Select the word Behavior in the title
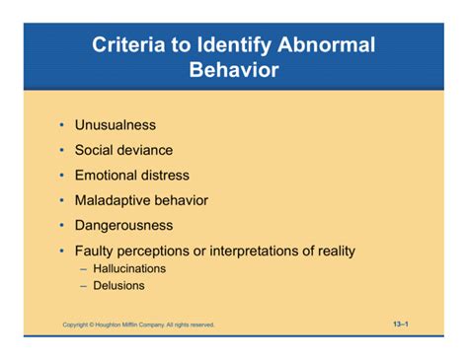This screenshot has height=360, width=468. (233, 70)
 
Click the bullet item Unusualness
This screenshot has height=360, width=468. (116, 125)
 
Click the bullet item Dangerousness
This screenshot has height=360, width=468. (123, 226)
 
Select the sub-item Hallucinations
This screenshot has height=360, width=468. (129, 268)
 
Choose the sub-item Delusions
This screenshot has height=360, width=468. (118, 286)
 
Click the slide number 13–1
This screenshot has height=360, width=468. (400, 323)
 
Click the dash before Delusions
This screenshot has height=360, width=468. (84, 286)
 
